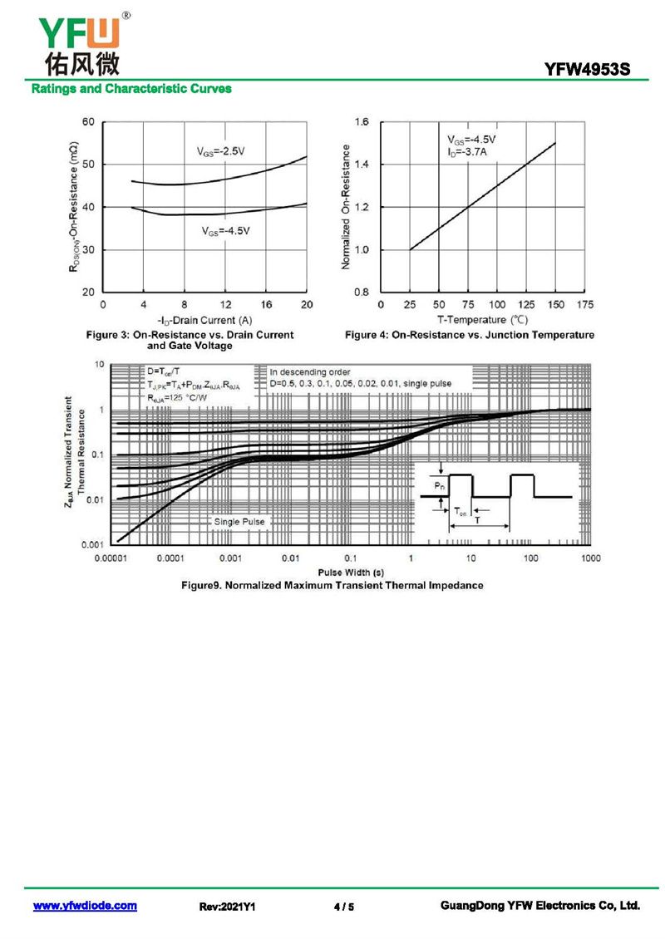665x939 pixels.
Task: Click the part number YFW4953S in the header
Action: (x=592, y=70)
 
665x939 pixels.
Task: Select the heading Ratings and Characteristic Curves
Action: (x=131, y=89)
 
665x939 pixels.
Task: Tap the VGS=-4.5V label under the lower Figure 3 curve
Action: (x=226, y=231)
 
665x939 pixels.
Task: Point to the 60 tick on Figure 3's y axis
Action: (x=87, y=122)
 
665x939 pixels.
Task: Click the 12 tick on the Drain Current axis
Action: (x=225, y=305)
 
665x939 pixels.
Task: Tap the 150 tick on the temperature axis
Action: (x=555, y=305)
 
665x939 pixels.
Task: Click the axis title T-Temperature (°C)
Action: (x=483, y=320)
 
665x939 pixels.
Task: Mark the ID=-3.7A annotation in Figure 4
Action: (x=467, y=153)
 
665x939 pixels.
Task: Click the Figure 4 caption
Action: (x=469, y=335)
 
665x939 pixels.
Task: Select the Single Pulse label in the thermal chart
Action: (x=239, y=521)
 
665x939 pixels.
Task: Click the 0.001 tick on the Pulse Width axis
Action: (x=230, y=558)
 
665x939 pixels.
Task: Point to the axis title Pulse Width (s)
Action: (x=350, y=573)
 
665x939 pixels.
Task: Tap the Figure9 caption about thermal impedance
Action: (x=332, y=585)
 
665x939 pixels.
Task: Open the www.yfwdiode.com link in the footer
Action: (x=85, y=906)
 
